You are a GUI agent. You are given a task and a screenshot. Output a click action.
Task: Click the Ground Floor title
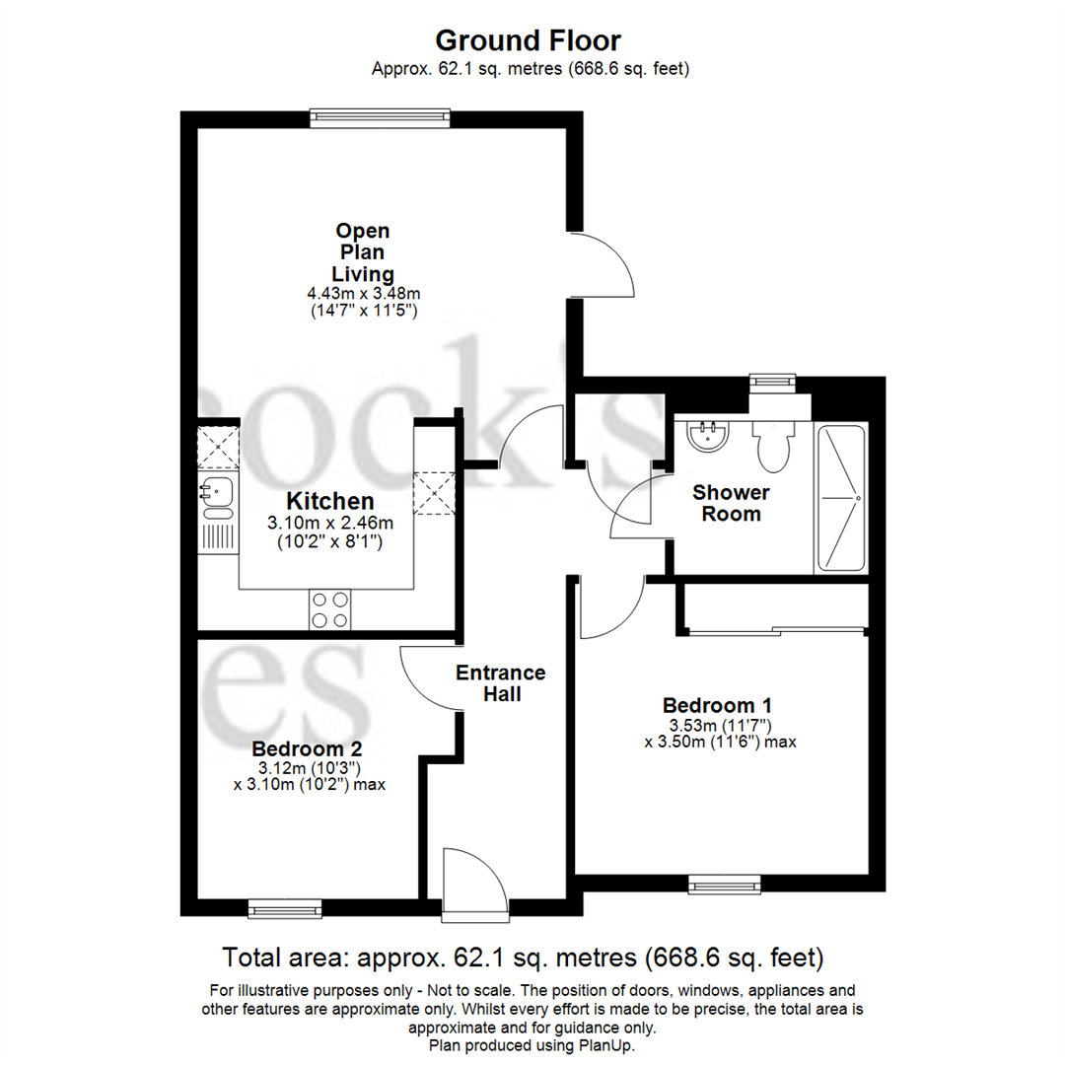529,40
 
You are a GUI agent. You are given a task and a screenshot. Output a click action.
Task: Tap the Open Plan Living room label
363,251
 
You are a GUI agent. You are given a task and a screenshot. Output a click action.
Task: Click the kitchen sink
216,491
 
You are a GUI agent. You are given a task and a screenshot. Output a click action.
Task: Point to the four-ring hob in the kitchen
329,608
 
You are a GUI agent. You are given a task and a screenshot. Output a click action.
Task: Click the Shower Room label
731,503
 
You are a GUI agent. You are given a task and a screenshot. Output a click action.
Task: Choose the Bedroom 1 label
716,706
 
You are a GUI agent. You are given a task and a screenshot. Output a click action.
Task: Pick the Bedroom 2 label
305,747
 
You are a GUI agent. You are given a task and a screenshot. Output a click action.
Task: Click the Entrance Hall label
500,683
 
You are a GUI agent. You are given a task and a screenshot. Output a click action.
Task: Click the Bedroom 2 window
285,907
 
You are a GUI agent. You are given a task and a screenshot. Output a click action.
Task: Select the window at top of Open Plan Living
380,118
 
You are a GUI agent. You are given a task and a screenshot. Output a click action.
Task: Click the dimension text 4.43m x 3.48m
364,294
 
